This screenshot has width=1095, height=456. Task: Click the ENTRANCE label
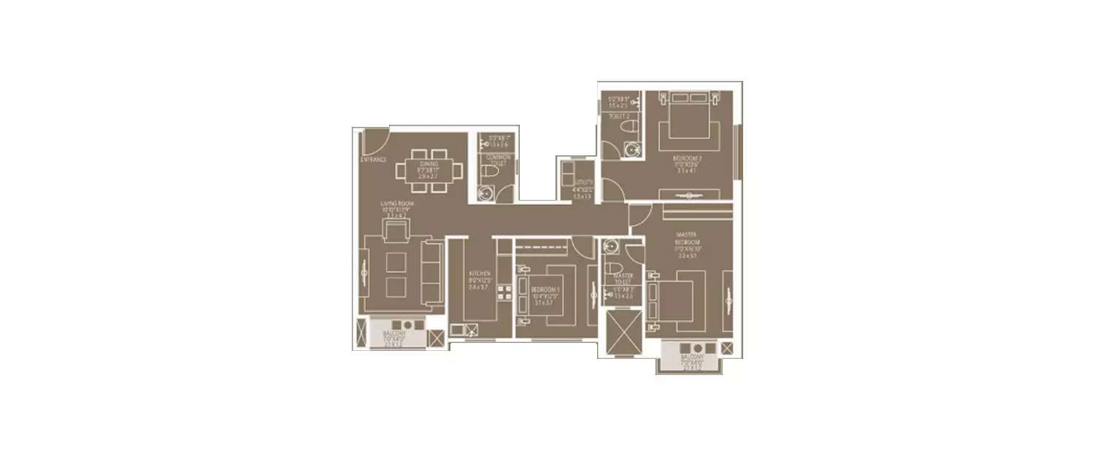(x=373, y=160)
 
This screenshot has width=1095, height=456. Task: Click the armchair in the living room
(x=396, y=232)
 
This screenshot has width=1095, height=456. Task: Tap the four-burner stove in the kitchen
(x=504, y=292)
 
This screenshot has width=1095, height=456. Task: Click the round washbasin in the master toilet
(x=611, y=247)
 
